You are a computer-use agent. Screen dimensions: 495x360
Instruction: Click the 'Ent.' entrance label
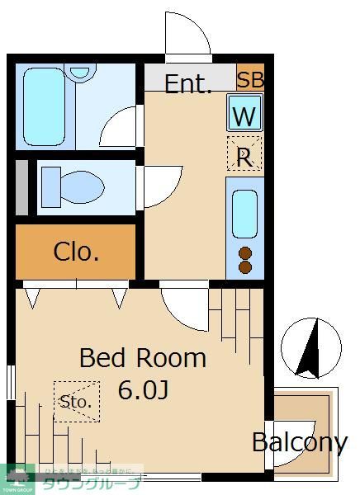coord(187,83)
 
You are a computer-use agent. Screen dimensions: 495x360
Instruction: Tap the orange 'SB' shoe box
coord(249,80)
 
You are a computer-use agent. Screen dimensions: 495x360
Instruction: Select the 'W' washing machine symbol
coord(244,116)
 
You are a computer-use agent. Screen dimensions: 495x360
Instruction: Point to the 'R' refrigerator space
coord(244,156)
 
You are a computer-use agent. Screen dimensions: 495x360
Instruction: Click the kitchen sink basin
coord(244,213)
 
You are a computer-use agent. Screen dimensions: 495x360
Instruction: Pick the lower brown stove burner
coord(245,266)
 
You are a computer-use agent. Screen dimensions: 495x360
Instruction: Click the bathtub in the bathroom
coord(50,107)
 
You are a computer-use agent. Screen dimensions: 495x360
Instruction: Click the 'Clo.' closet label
coord(76,252)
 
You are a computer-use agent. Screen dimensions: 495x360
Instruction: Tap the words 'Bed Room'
coord(142,358)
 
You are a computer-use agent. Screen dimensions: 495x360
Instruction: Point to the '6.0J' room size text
coord(142,389)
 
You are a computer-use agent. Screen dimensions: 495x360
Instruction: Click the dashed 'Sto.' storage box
coord(76,402)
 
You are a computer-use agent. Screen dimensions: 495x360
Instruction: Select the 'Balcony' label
coord(299,442)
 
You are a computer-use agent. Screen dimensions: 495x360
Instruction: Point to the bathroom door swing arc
coord(122,129)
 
